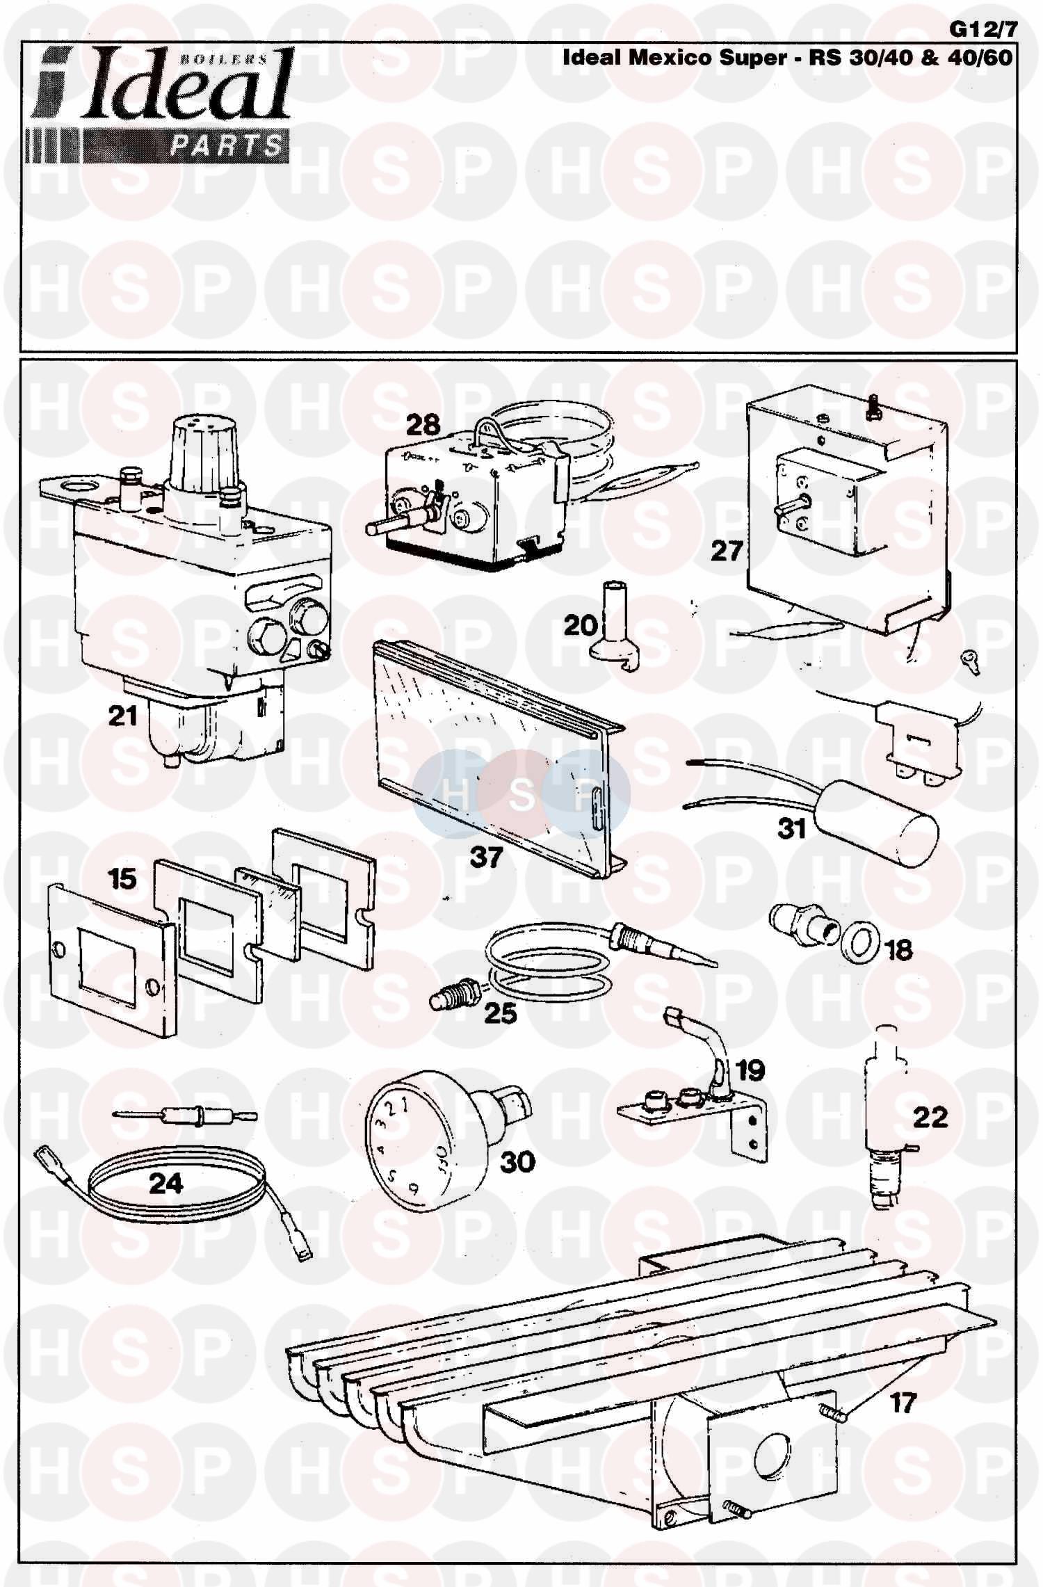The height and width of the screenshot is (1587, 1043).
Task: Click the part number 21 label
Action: click(x=123, y=716)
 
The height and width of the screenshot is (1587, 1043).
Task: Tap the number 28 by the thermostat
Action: click(x=423, y=424)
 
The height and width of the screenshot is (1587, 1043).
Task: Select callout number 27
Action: click(x=727, y=551)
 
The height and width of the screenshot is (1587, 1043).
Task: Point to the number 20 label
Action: click(x=580, y=625)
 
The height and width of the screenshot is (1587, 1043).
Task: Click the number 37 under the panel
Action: click(x=486, y=857)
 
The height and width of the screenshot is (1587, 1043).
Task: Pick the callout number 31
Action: click(x=791, y=829)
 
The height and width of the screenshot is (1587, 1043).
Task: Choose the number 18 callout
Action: click(x=898, y=949)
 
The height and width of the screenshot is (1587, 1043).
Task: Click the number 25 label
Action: click(x=500, y=1013)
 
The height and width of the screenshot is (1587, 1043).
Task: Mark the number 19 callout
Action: click(x=750, y=1070)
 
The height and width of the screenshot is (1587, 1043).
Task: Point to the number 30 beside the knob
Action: click(x=518, y=1161)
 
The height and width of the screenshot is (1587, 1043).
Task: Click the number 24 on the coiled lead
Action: click(x=166, y=1182)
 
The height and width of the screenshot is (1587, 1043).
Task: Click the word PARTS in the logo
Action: click(x=227, y=146)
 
